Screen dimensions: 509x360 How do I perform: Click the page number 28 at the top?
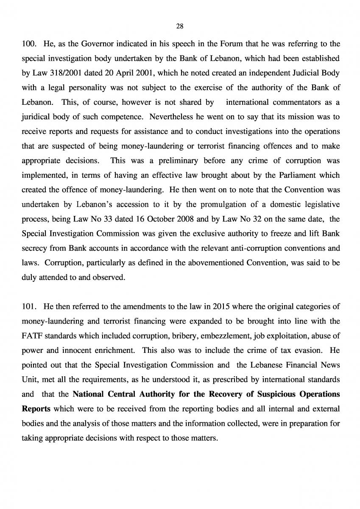tap(179, 26)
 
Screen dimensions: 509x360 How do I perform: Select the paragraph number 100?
tap(28, 43)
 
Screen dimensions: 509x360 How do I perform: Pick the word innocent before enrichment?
tap(71, 350)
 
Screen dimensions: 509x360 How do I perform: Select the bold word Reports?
tap(36, 408)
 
